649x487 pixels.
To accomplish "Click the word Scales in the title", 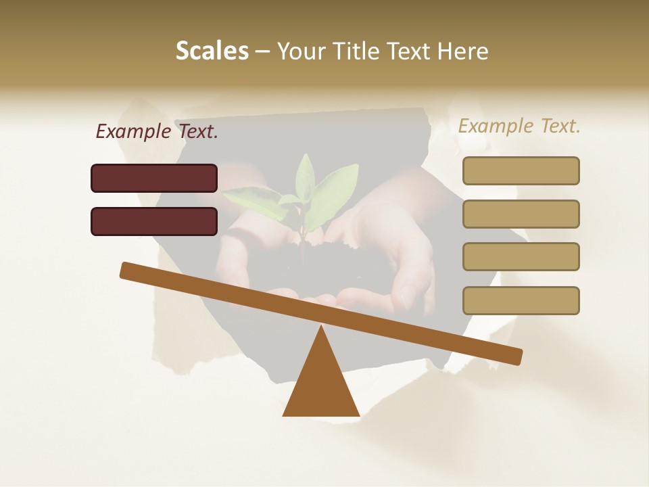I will click(x=212, y=51).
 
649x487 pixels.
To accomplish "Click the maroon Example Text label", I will click(x=157, y=131).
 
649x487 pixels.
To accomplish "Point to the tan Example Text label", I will click(x=519, y=126).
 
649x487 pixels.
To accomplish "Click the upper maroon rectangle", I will click(x=154, y=178).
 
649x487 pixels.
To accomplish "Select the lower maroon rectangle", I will click(x=154, y=221).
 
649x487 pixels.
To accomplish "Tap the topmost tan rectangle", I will click(x=521, y=170).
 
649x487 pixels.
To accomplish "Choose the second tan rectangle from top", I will click(x=521, y=214).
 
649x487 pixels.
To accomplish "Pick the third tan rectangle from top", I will click(x=521, y=256).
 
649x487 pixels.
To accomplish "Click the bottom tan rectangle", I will click(x=521, y=300).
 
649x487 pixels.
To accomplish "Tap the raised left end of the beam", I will click(x=128, y=270).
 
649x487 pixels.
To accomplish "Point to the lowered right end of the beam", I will click(x=514, y=356).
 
